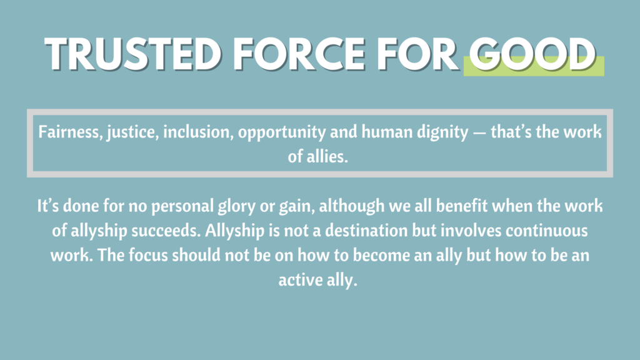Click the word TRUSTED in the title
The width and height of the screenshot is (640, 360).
(x=133, y=54)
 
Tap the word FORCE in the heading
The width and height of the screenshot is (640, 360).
(x=299, y=54)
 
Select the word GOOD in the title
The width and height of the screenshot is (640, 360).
(x=532, y=54)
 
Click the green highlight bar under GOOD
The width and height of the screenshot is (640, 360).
(x=534, y=66)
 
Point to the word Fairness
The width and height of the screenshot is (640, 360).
(x=70, y=132)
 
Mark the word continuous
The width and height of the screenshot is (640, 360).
(x=547, y=231)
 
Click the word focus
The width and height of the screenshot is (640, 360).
(x=148, y=256)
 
